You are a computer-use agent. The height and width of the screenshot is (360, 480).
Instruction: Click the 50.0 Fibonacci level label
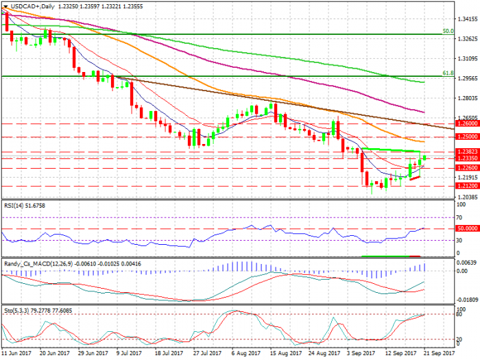pos(447,31)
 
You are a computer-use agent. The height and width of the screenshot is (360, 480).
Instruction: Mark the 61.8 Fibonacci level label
pos(447,73)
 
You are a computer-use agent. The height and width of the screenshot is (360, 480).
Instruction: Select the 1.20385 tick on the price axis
pos(467,196)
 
